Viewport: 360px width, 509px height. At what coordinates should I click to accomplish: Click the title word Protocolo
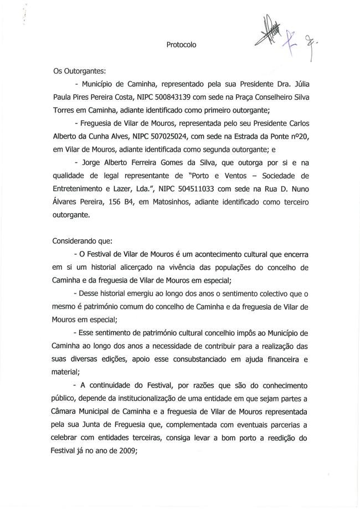tap(181, 45)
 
